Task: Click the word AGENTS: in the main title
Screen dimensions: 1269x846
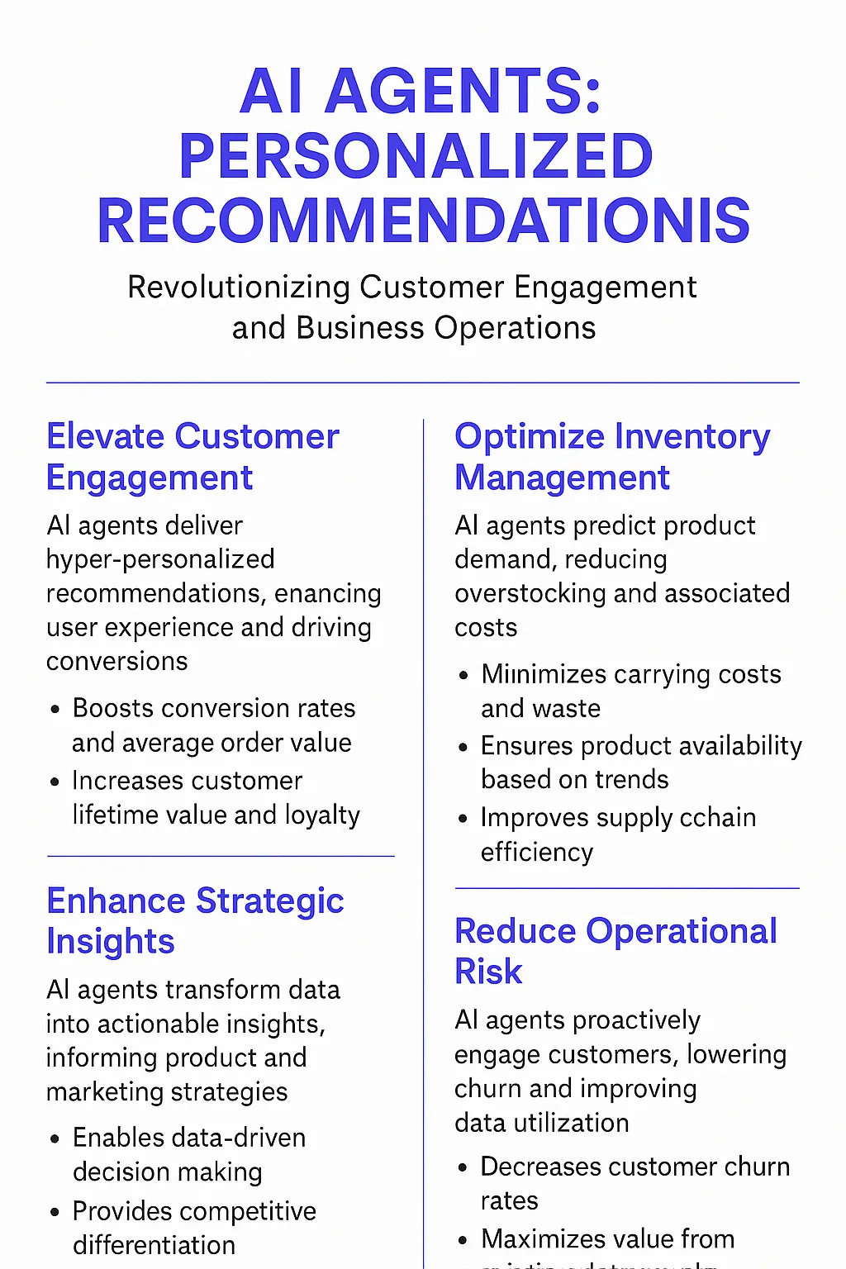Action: click(463, 91)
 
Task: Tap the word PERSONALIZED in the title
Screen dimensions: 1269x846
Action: click(416, 156)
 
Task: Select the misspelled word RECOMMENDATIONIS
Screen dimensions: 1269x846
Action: click(423, 221)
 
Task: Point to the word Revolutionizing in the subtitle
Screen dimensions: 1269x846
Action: click(239, 288)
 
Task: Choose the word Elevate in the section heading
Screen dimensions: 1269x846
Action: click(105, 436)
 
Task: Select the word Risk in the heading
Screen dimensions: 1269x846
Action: click(488, 972)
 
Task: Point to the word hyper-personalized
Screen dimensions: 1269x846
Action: click(160, 559)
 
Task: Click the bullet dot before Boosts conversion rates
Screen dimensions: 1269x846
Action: click(55, 709)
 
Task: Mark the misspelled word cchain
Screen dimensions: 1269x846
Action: click(717, 818)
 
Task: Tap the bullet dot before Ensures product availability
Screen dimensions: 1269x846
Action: click(464, 747)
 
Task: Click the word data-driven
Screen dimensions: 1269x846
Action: click(244, 1138)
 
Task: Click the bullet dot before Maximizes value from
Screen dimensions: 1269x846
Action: click(464, 1240)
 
